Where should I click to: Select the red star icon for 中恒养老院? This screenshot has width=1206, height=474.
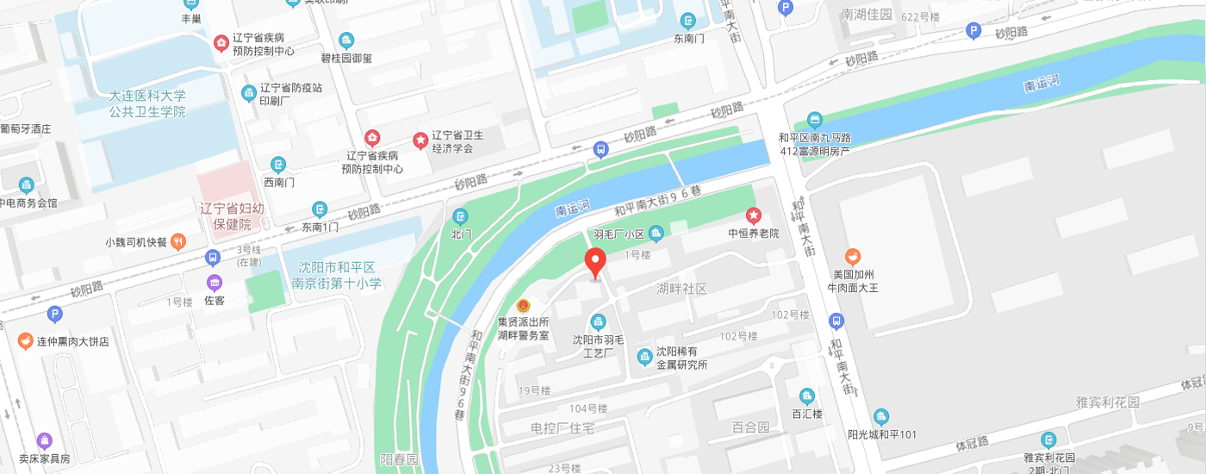click(x=754, y=215)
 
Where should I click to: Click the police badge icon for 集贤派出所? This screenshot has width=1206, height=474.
click(x=523, y=306)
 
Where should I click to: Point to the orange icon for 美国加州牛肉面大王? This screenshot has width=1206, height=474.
click(x=852, y=256)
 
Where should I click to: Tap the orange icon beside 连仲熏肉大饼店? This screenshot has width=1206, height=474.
click(x=26, y=341)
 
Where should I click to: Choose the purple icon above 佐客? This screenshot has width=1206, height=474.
click(x=214, y=282)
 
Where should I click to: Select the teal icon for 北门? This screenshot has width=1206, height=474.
click(x=462, y=215)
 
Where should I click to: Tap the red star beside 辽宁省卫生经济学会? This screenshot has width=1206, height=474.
click(x=420, y=140)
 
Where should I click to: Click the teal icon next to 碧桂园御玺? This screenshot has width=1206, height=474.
click(x=346, y=40)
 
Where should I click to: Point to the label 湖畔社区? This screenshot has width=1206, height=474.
click(x=681, y=289)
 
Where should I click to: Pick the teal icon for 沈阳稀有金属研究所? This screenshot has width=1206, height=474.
click(x=643, y=356)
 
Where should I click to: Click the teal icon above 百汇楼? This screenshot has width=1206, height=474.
click(x=807, y=396)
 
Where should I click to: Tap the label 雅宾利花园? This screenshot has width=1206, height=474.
click(x=1107, y=402)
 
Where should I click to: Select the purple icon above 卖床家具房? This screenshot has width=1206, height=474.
click(x=45, y=440)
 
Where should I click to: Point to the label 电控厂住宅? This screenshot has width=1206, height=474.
click(x=563, y=428)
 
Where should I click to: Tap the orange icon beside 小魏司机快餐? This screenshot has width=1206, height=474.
click(x=178, y=241)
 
